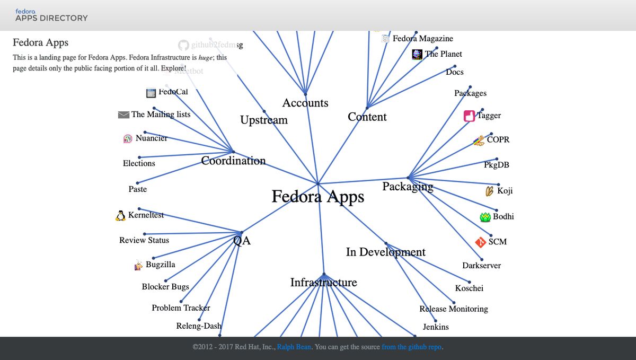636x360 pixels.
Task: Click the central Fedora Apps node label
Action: [318, 197]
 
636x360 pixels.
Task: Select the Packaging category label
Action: [408, 186]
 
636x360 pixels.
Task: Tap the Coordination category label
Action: [233, 161]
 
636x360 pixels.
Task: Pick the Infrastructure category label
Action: [323, 283]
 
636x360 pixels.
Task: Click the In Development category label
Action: [385, 252]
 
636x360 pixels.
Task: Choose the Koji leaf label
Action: [505, 191]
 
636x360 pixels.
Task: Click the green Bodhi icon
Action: [485, 216]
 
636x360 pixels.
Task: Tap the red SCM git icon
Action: [481, 242]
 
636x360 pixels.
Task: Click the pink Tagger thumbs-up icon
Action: [469, 116]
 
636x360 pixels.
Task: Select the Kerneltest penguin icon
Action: [120, 215]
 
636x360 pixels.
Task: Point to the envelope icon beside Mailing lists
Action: [123, 115]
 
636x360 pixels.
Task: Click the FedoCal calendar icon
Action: [151, 92]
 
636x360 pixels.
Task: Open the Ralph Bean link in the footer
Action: [294, 347]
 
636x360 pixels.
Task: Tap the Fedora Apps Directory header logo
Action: [51, 15]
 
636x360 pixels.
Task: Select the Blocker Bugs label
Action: [165, 287]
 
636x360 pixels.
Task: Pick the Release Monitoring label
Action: [454, 309]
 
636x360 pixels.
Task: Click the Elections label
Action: [139, 163]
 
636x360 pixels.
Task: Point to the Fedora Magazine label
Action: [422, 39]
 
